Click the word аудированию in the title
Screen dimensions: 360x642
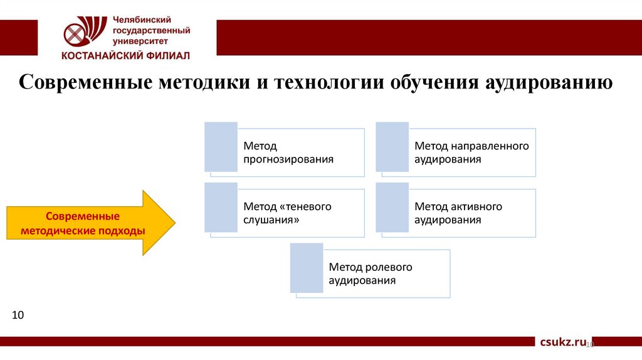(549, 83)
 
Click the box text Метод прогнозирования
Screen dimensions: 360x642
(288, 152)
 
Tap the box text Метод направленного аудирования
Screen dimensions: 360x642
(471, 152)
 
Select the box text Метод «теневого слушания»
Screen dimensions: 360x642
(287, 213)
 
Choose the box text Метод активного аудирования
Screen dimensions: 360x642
(458, 213)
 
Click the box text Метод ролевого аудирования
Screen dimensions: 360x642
(371, 273)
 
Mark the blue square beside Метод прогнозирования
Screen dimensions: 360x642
(221, 147)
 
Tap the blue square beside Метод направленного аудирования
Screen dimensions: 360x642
(392, 147)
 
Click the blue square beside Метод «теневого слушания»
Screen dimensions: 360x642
(221, 208)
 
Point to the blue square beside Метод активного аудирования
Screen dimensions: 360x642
(392, 208)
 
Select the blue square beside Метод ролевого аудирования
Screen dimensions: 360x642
(307, 268)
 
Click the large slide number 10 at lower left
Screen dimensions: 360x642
(18, 314)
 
